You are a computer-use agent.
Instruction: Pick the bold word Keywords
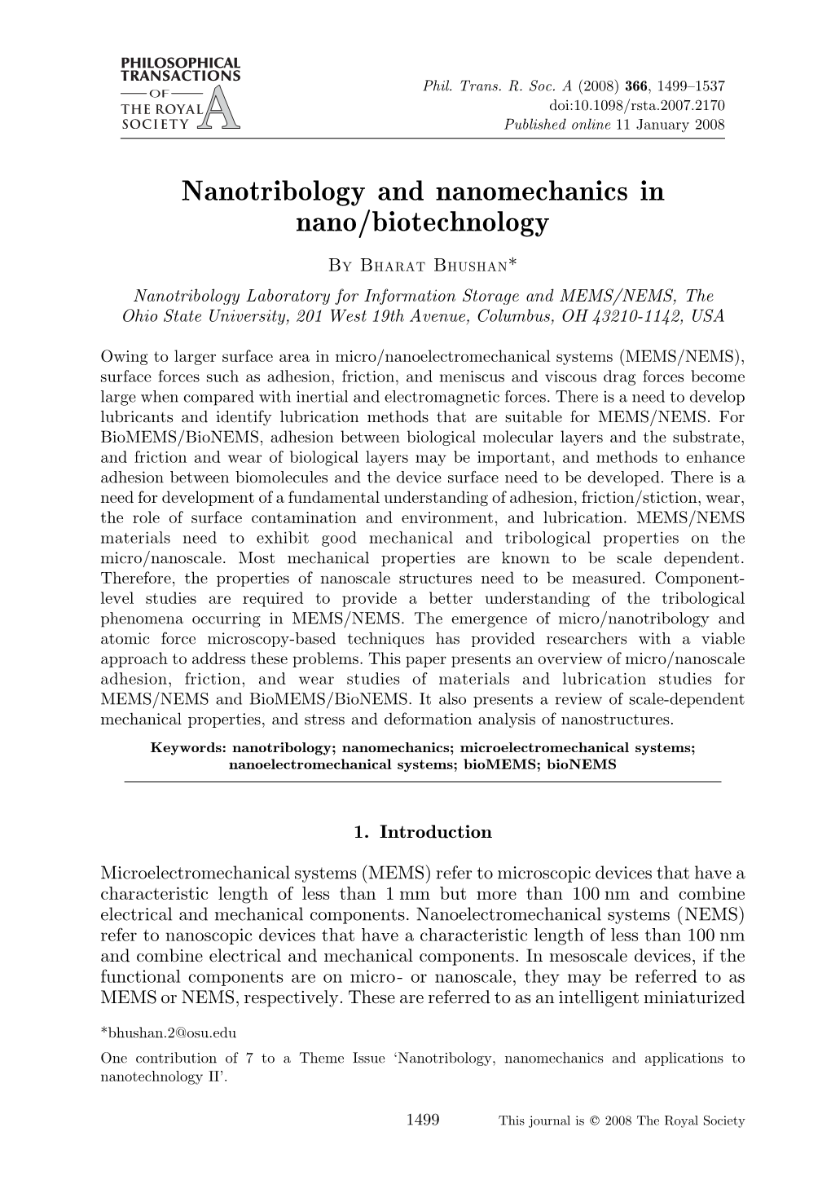coord(188,746)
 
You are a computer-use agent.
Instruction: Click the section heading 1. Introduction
coord(423,832)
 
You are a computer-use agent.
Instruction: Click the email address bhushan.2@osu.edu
coord(168,1033)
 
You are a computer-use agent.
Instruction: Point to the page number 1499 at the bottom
coord(422,1120)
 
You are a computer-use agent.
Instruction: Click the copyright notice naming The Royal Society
coord(621,1121)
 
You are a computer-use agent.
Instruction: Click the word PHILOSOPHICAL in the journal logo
coord(180,63)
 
